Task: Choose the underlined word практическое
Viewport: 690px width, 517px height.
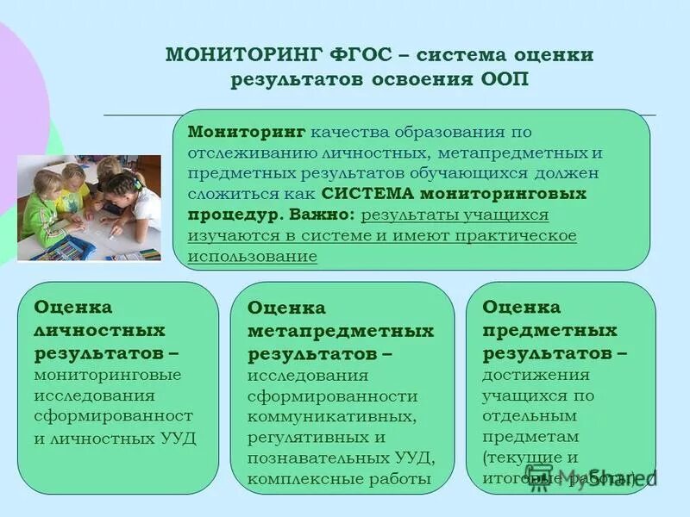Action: [517, 235]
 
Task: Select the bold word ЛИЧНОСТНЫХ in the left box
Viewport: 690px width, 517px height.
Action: [99, 331]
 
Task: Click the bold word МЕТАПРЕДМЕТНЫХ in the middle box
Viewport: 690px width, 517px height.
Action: [341, 331]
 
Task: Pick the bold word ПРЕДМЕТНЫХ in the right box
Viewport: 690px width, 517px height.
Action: [549, 330]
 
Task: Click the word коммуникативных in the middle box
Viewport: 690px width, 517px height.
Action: [331, 416]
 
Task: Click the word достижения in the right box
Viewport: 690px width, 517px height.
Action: [536, 374]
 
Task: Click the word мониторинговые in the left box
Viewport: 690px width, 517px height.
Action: [108, 375]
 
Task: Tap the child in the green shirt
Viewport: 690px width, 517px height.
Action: [41, 211]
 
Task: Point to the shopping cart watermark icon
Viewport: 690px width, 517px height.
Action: [539, 478]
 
